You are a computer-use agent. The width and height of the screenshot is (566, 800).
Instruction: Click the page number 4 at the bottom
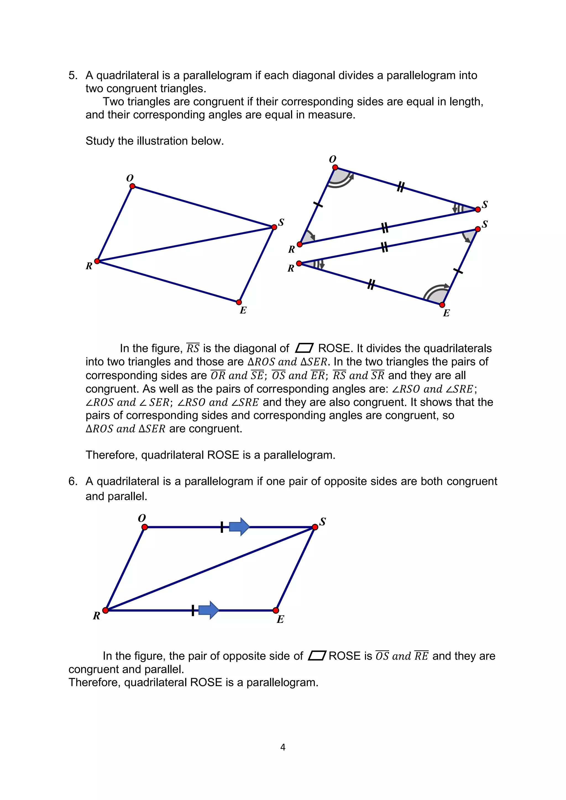tap(283, 747)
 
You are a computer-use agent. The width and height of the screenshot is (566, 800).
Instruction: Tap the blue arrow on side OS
tap(239, 526)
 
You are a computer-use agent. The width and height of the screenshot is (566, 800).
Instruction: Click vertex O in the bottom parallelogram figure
tap(145, 527)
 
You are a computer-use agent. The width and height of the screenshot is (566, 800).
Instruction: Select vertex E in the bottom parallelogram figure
tap(276, 610)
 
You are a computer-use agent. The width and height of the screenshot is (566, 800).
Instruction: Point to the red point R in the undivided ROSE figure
tap(97, 261)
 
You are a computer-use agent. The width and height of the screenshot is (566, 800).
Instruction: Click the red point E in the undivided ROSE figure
tap(239, 302)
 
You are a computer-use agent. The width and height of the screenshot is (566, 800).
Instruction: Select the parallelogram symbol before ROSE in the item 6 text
tap(317, 655)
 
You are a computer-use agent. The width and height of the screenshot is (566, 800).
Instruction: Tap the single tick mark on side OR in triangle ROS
tap(318, 204)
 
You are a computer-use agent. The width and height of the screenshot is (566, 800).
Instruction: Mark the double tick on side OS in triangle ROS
tap(401, 187)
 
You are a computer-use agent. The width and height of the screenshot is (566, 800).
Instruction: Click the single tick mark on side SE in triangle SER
tap(458, 271)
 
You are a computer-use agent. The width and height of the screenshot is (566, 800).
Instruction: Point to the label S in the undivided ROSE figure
tap(281, 222)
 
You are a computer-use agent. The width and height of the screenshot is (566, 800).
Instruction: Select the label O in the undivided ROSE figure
tap(130, 178)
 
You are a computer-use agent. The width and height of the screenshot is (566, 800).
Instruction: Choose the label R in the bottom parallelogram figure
tap(96, 616)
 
